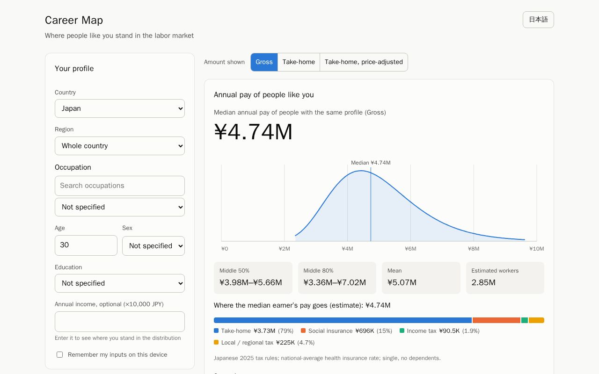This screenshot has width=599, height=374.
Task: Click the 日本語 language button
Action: [x=538, y=20]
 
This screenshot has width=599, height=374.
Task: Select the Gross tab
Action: [x=264, y=62]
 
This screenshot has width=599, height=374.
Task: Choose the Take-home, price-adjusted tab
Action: [x=364, y=62]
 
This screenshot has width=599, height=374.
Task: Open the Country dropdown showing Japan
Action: [x=119, y=108]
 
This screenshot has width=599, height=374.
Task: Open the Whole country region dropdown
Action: [x=119, y=146]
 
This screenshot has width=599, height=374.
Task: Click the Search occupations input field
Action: [x=119, y=186]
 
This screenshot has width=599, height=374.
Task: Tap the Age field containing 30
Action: [x=86, y=245]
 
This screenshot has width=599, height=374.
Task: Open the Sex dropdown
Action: [x=153, y=246]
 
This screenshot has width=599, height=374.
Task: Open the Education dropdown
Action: [x=119, y=283]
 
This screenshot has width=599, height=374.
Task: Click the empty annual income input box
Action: [x=119, y=322]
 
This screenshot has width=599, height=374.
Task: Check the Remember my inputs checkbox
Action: [x=59, y=354]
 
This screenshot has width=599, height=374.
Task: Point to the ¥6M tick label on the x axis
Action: [x=410, y=249]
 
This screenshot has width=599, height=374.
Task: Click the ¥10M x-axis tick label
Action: [x=537, y=249]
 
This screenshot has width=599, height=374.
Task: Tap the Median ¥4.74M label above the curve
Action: [x=371, y=163]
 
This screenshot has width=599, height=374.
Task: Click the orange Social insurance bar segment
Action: [x=497, y=320]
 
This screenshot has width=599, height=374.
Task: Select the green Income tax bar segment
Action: [x=525, y=320]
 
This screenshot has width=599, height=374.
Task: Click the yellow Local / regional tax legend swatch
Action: [x=216, y=342]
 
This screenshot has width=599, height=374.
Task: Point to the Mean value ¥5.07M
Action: [x=402, y=282]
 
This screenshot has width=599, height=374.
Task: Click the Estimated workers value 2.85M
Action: [x=483, y=282]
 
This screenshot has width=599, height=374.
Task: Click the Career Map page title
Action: [x=74, y=20]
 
